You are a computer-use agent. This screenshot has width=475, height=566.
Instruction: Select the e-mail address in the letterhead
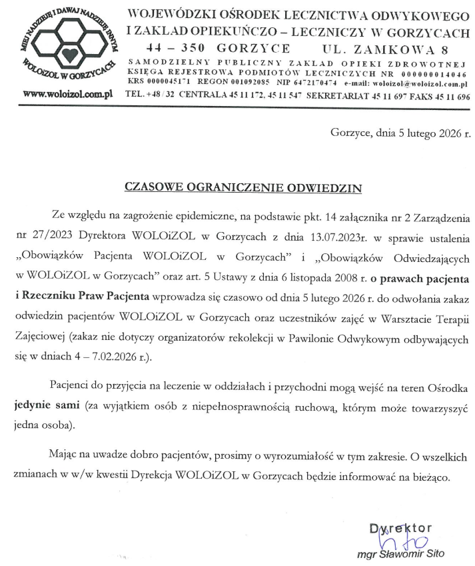pyautogui.click(x=423, y=84)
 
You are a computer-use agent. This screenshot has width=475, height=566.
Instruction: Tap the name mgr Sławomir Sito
pyautogui.click(x=400, y=555)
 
